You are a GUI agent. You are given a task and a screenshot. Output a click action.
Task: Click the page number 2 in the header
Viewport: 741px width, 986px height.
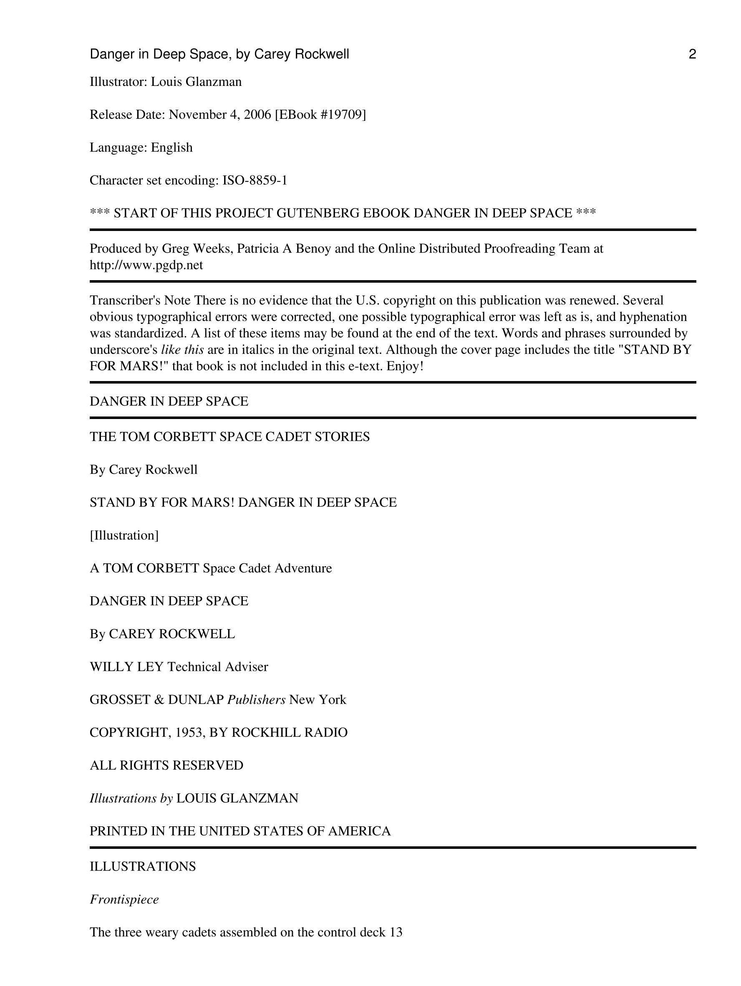[692, 54]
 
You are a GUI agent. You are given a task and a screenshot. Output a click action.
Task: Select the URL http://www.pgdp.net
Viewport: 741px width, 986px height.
[146, 265]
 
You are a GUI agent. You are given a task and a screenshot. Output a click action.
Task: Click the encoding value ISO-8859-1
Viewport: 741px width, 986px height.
[255, 181]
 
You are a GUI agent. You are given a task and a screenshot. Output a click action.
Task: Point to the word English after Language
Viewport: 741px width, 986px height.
[172, 148]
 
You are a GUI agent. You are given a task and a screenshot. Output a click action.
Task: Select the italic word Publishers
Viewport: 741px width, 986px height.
[256, 700]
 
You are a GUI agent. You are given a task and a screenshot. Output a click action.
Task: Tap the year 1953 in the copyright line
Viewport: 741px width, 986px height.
[189, 733]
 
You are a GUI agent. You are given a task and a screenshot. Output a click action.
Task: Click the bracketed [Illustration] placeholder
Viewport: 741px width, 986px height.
[124, 535]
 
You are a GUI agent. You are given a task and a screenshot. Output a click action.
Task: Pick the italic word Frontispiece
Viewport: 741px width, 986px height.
[124, 900]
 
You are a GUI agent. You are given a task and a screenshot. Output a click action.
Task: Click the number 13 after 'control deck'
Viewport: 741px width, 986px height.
[396, 933]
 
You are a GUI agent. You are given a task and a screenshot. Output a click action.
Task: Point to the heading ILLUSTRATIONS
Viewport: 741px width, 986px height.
[143, 866]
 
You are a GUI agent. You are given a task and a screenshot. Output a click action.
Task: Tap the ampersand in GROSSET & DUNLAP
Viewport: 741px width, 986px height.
[159, 700]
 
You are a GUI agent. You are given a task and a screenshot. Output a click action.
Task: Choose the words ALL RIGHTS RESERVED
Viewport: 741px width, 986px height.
[166, 765]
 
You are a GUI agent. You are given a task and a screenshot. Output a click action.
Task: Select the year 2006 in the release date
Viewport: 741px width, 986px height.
[257, 115]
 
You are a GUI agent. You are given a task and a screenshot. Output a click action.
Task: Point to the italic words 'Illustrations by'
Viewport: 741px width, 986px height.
[131, 798]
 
